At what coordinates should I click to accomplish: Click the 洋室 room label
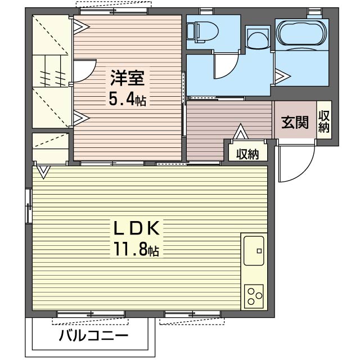[128, 78]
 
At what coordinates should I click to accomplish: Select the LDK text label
[136, 228]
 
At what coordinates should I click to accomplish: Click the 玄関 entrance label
[295, 122]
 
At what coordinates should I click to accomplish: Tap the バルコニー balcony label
[93, 336]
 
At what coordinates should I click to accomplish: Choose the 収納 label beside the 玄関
[324, 121]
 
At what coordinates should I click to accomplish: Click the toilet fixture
[202, 32]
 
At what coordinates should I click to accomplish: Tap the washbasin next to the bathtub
[258, 39]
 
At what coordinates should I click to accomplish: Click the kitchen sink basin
[254, 250]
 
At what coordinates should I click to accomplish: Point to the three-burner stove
[254, 296]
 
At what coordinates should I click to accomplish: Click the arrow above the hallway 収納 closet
[240, 131]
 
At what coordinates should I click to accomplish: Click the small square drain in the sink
[259, 251]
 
